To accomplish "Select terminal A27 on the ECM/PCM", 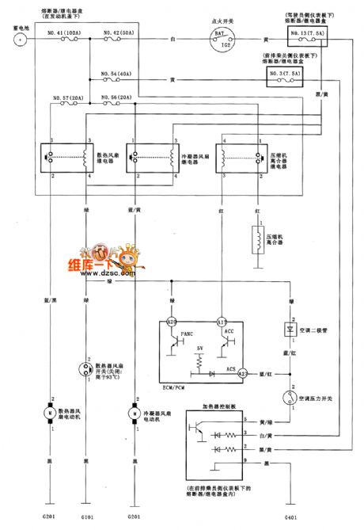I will (x=243, y=372).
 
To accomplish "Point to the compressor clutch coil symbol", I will (x=257, y=239).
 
